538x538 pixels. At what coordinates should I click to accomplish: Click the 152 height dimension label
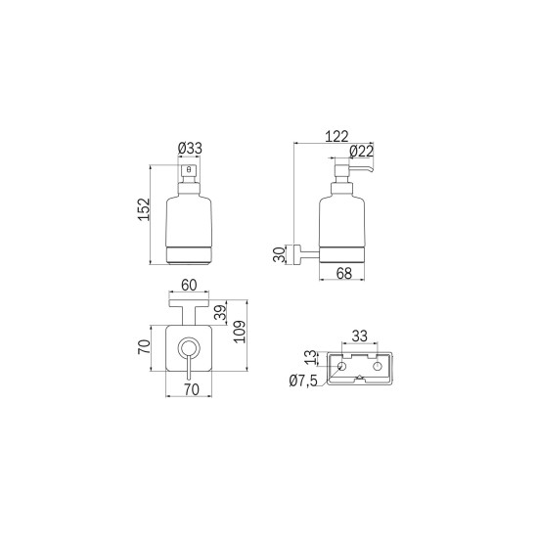[x=145, y=209]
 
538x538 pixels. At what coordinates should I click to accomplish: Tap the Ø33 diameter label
[x=190, y=149]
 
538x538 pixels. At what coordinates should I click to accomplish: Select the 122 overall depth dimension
[x=336, y=137]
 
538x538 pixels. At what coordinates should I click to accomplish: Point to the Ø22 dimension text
[x=361, y=152]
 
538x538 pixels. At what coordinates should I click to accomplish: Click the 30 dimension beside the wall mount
[x=279, y=254]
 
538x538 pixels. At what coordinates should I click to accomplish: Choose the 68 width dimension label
[x=343, y=273]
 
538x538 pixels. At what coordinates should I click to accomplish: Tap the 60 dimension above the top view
[x=189, y=285]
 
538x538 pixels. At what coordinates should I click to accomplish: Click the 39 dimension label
[x=220, y=313]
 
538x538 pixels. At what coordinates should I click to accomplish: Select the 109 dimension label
[x=239, y=332]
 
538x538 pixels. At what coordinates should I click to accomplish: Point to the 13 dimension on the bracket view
[x=310, y=357]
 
